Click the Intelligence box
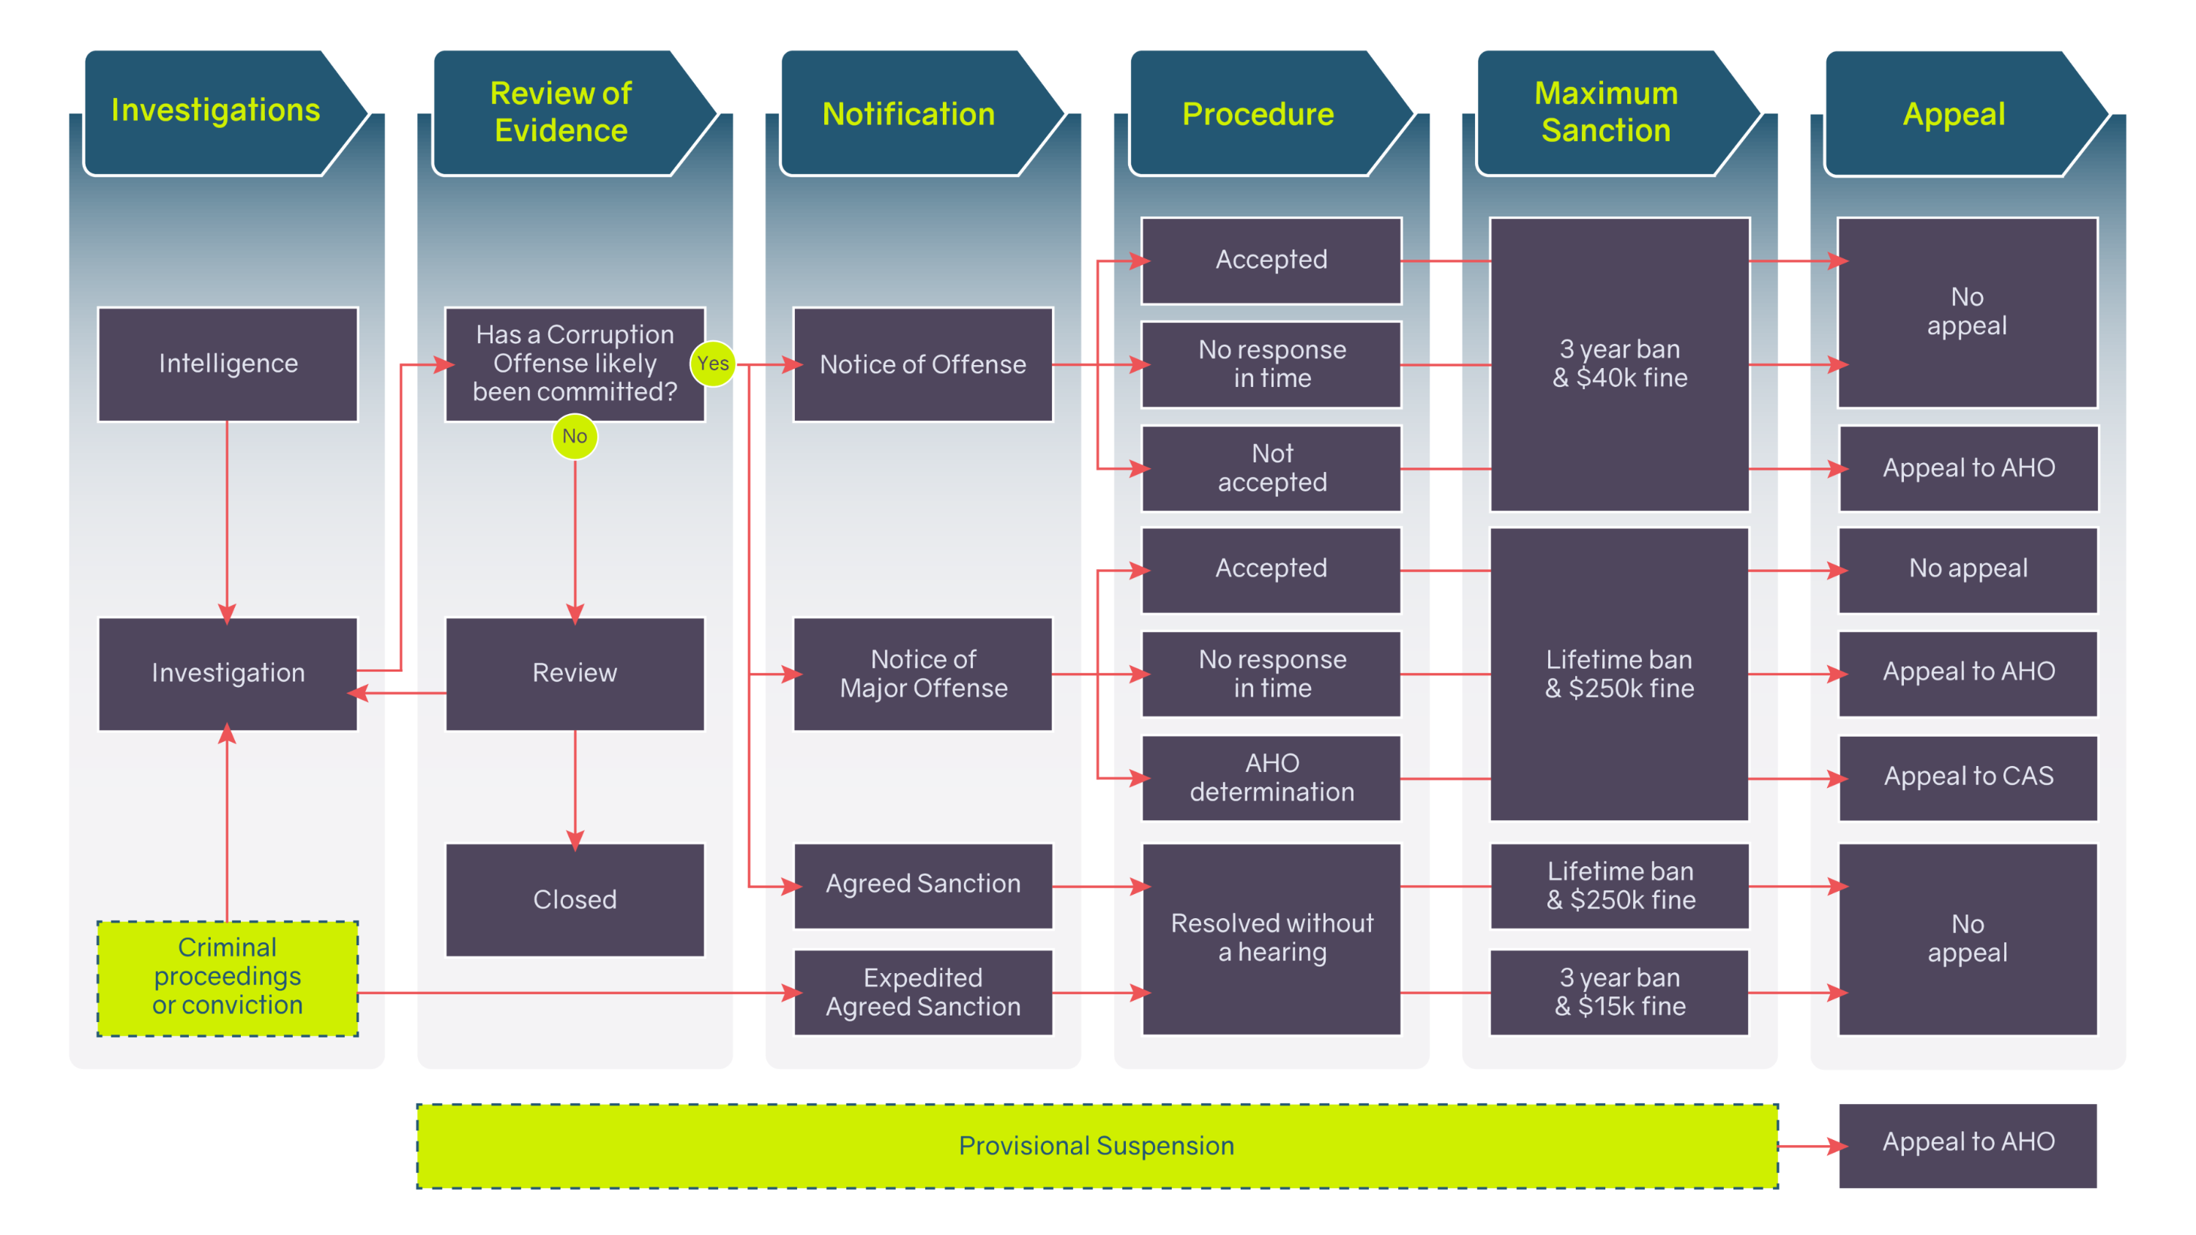tap(228, 364)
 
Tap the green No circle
tap(575, 436)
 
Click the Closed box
tap(575, 899)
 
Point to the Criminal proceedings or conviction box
tap(228, 977)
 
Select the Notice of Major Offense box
tap(922, 673)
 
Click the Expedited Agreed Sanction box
tap(922, 992)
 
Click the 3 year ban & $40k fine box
tap(1619, 364)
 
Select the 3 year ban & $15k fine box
tap(1619, 992)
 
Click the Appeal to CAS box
tap(1968, 776)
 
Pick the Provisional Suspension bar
tap(1097, 1146)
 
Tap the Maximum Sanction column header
tap(1606, 113)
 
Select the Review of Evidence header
tap(561, 113)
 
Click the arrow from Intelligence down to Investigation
tap(227, 520)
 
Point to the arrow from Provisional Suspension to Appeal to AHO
tap(1809, 1146)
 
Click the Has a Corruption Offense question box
tap(575, 364)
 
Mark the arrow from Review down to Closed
tap(575, 789)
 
